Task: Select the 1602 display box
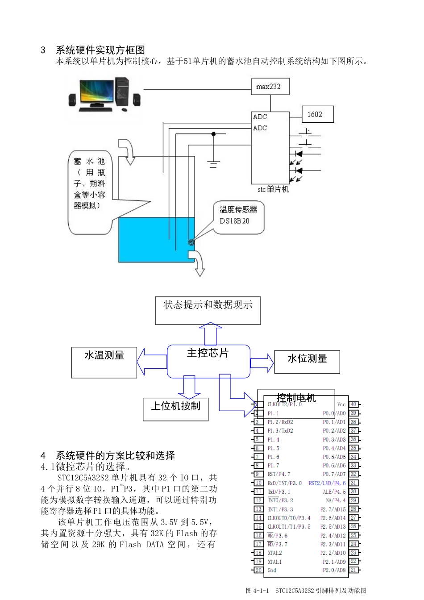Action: point(317,114)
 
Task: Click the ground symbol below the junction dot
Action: point(213,163)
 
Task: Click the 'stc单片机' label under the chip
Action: point(273,189)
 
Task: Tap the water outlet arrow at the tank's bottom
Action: point(198,263)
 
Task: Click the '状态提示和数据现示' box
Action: point(208,310)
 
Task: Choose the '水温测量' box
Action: point(104,362)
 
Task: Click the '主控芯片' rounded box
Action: point(208,361)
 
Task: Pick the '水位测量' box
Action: point(307,361)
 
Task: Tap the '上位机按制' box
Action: point(175,408)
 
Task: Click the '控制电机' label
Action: point(296,397)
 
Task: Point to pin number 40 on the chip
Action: point(353,404)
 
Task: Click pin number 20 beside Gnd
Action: point(258,570)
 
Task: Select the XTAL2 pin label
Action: point(275,553)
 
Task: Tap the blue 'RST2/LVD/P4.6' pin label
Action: point(327,483)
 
